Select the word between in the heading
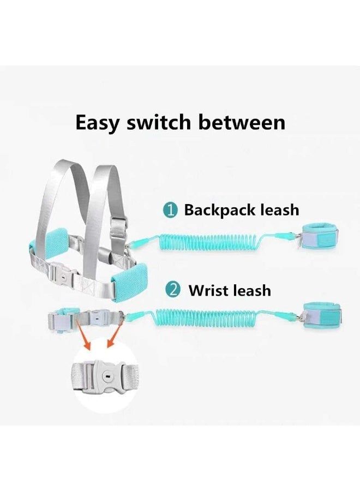click(x=242, y=122)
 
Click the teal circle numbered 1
click(x=172, y=210)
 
